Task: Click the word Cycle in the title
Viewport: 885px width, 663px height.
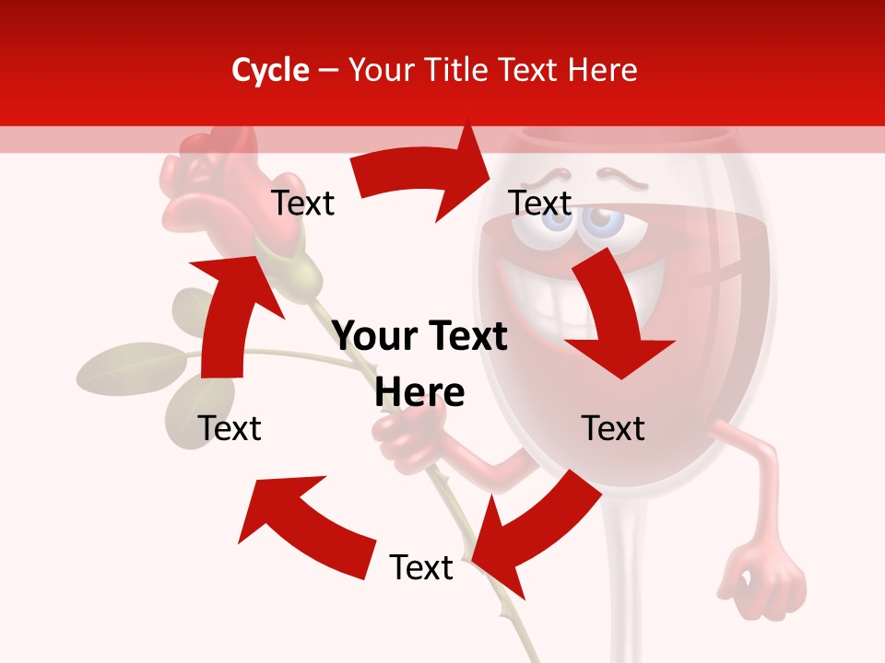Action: tap(270, 70)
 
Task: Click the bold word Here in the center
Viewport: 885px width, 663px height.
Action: tap(419, 392)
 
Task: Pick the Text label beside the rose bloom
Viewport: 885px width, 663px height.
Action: tap(303, 204)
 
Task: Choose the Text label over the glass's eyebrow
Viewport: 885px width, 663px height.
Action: tap(540, 204)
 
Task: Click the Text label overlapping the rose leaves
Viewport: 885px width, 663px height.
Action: tap(230, 428)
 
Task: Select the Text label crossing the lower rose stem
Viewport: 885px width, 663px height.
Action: tap(421, 567)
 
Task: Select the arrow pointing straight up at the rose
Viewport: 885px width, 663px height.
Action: tap(226, 313)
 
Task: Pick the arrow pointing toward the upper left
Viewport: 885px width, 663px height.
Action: tap(304, 525)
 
